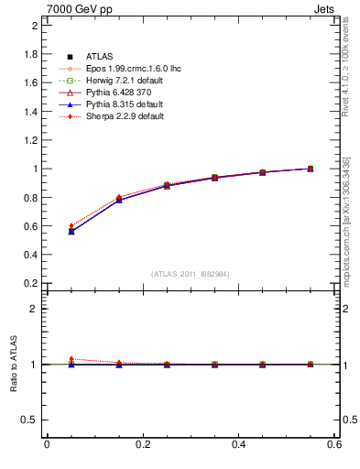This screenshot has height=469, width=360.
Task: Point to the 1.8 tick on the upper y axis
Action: (30, 54)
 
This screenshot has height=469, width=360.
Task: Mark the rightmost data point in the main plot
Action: (311, 169)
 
